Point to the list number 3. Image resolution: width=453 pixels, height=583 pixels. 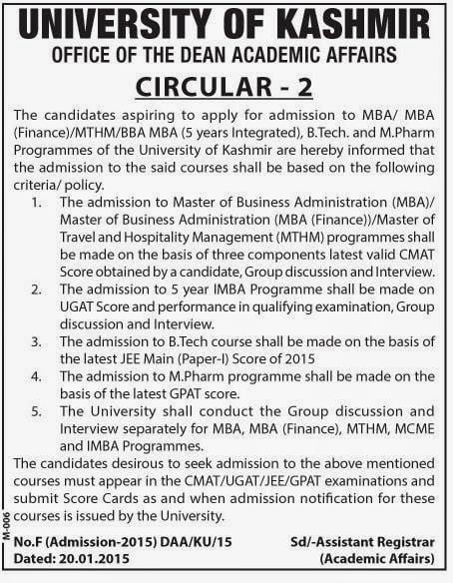(x=36, y=340)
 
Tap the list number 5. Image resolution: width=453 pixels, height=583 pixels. (x=36, y=411)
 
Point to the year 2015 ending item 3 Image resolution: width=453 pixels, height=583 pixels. (x=296, y=358)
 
